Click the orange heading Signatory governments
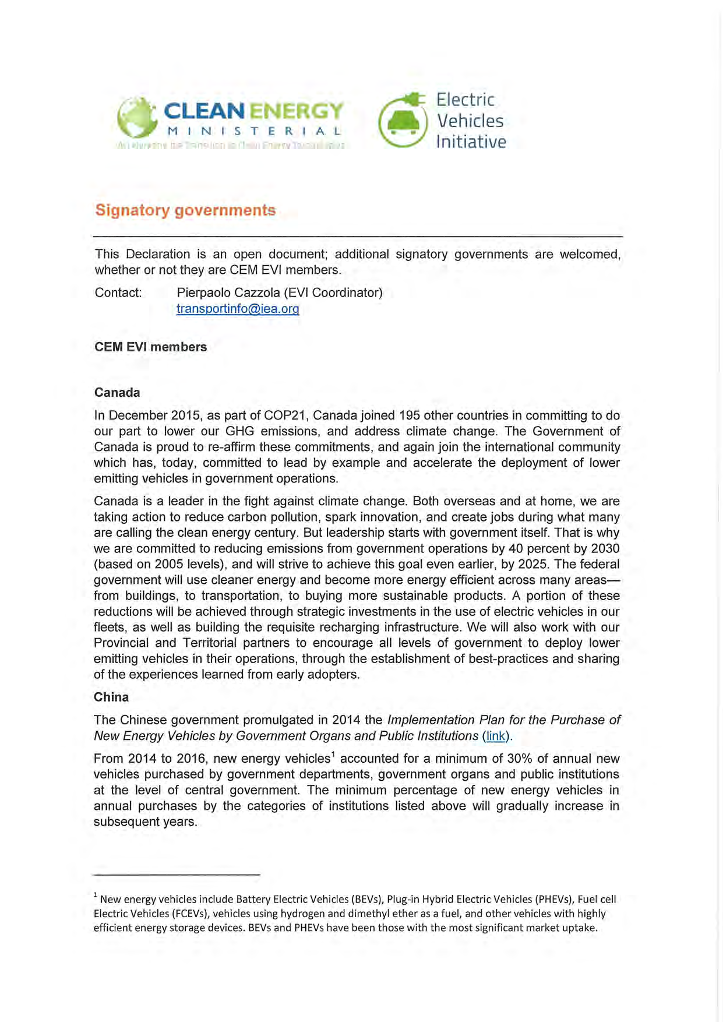pos(185,210)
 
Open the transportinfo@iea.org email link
pos(238,309)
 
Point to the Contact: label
pos(118,292)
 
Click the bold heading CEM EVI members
pos(150,347)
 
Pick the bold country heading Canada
pos(117,392)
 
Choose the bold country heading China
pos(111,697)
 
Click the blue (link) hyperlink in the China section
pos(496,736)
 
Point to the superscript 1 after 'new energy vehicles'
pos(333,755)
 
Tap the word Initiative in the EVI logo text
pos(471,142)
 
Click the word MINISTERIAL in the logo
pos(253,131)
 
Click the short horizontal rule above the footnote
pos(177,875)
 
